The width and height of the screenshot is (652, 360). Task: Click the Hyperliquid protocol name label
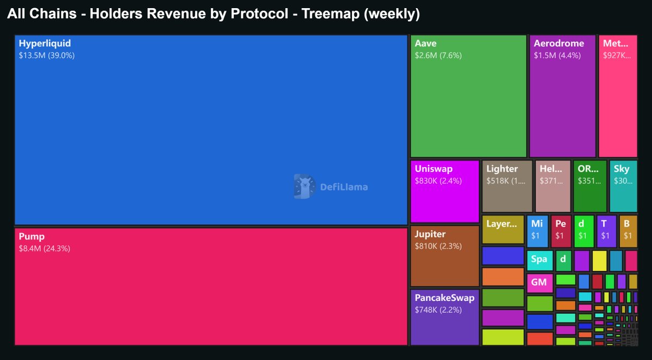pyautogui.click(x=45, y=43)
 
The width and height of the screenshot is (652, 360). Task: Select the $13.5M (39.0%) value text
pyautogui.click(x=47, y=55)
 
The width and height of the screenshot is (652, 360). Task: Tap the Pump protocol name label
pyautogui.click(x=32, y=237)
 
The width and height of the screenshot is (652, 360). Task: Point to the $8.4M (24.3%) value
pyautogui.click(x=45, y=249)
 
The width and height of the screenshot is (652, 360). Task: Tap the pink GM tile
pyautogui.click(x=540, y=283)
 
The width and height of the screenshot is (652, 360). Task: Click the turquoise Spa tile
pyautogui.click(x=540, y=260)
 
